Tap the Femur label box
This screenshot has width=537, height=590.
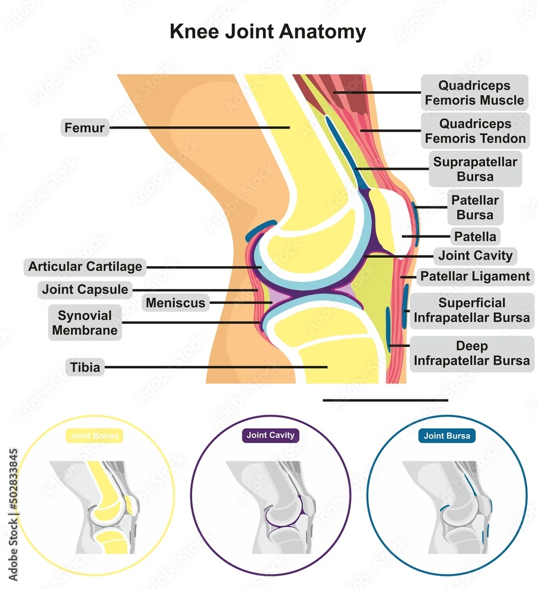[85, 127]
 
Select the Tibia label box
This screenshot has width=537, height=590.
[85, 368]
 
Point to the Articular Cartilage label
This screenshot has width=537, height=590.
[85, 267]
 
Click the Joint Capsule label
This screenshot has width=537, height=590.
[85, 290]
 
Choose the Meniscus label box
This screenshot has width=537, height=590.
[176, 303]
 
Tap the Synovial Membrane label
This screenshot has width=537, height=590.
[85, 322]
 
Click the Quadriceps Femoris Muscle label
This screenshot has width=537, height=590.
[474, 93]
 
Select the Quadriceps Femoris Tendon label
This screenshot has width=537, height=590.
[474, 131]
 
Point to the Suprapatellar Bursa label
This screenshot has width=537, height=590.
[475, 169]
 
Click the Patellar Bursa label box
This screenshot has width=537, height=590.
[475, 208]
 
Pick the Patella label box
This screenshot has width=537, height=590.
[475, 237]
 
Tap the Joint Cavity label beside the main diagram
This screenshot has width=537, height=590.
[475, 256]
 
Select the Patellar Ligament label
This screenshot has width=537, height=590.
[475, 276]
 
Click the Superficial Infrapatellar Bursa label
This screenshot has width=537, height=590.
[472, 310]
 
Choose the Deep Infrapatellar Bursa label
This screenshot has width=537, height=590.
[472, 353]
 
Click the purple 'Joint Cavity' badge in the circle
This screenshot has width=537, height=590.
[269, 436]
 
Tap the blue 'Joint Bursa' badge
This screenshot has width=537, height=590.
[447, 437]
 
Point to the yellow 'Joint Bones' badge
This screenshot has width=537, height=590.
[94, 437]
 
